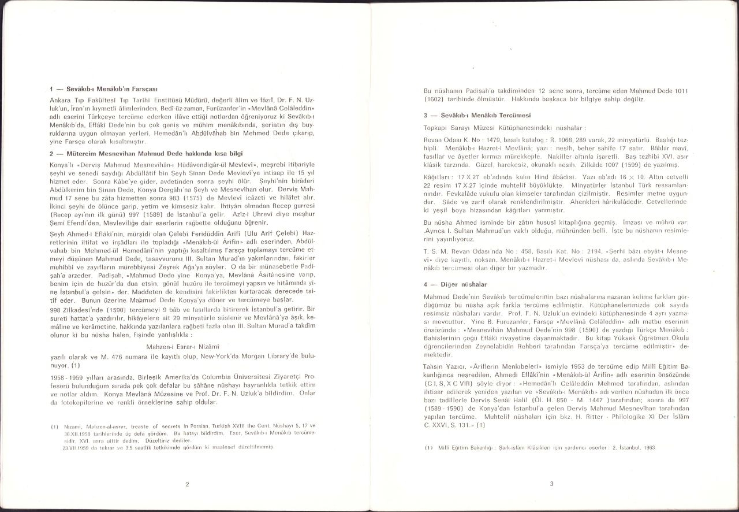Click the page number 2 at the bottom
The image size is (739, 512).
pos(187,484)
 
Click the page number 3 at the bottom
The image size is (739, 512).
pos(551,484)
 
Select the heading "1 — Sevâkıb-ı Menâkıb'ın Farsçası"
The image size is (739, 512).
pos(104,89)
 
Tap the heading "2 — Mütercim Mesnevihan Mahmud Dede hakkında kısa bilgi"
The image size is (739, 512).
pos(147,153)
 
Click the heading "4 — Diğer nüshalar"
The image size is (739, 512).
pos(456,284)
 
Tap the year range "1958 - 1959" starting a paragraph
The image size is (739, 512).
pos(66,376)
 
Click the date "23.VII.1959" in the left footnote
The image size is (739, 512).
pos(73,447)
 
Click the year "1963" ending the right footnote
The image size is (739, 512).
pos(649,448)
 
